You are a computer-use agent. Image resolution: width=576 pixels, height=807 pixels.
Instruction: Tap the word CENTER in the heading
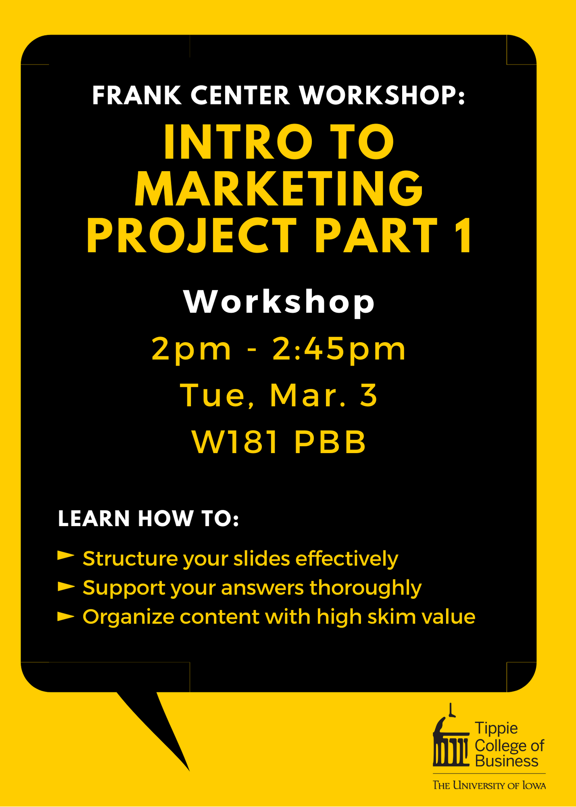pos(240,96)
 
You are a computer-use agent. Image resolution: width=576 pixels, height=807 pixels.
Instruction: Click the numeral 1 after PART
pos(464,235)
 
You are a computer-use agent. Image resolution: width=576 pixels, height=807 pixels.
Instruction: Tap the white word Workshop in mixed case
pos(279,301)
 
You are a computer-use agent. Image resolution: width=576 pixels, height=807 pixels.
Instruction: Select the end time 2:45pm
pos(339,349)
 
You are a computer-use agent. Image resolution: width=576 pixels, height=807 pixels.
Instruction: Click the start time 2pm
pos(192,349)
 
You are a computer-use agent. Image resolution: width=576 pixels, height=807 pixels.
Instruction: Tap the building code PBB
pos(330,442)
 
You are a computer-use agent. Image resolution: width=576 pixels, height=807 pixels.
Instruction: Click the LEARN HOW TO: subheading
pos(148,518)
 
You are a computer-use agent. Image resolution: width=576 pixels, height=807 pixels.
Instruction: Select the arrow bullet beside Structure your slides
pos(66,556)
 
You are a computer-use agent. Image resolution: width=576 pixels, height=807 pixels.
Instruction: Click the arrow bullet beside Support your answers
pos(66,586)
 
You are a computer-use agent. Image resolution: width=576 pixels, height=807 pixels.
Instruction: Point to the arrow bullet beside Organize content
pos(66,616)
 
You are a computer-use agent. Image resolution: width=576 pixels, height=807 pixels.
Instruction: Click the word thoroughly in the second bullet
pos(365,588)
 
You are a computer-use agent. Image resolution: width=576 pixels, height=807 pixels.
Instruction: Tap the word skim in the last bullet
pos(391,617)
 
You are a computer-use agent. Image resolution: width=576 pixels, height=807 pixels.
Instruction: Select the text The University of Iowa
pos(489,786)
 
